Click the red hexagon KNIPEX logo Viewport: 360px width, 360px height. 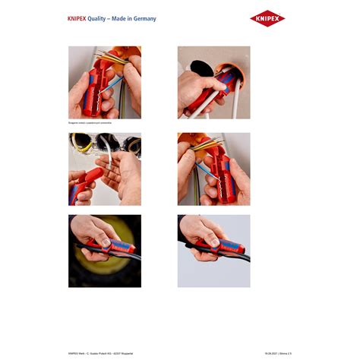click(x=267, y=18)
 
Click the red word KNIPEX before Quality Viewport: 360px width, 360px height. click(x=77, y=18)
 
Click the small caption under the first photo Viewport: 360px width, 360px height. click(x=90, y=122)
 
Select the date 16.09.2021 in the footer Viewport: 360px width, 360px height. click(x=270, y=352)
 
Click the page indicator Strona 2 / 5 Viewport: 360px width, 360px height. click(x=288, y=352)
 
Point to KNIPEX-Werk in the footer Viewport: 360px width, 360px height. click(x=77, y=352)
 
